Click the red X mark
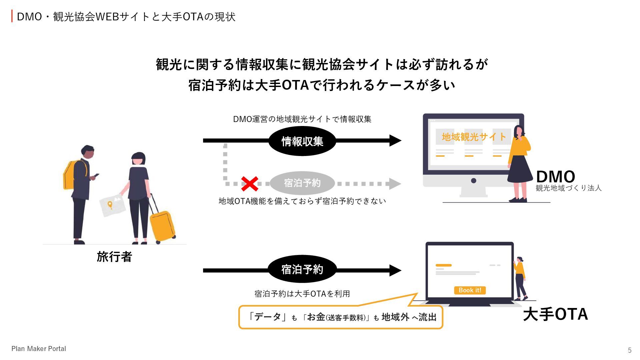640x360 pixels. click(x=250, y=184)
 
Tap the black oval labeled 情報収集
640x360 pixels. click(x=302, y=141)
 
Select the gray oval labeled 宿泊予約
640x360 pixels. click(x=302, y=183)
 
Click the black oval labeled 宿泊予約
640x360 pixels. click(x=302, y=269)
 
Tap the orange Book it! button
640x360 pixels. click(x=470, y=290)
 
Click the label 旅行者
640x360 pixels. click(x=114, y=257)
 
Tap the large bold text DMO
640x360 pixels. click(x=555, y=176)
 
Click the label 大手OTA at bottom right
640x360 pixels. click(x=555, y=314)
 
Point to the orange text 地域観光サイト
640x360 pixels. click(x=474, y=137)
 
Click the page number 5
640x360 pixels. click(x=630, y=350)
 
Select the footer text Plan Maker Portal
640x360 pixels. click(x=39, y=349)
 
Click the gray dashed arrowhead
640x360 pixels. click(x=395, y=184)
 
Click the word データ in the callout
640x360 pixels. click(x=268, y=317)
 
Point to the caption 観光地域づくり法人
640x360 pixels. click(x=568, y=188)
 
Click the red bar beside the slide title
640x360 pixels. click(x=12, y=16)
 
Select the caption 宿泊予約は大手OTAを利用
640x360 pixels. click(x=302, y=294)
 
